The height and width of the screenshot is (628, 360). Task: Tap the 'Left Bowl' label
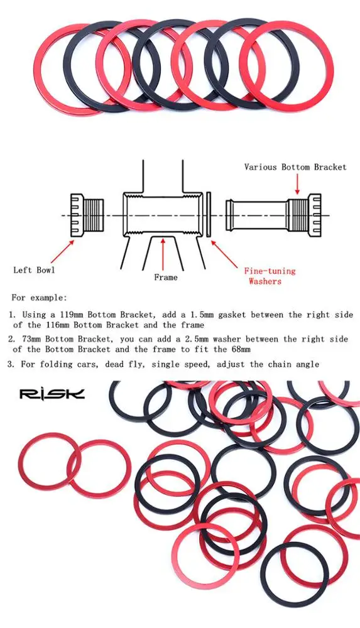click(x=34, y=270)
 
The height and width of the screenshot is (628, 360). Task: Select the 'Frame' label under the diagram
click(x=166, y=277)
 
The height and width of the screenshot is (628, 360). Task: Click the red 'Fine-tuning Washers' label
click(x=269, y=276)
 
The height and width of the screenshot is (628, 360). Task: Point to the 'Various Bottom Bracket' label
click(x=295, y=167)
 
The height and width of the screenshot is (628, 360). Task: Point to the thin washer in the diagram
click(x=208, y=215)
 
